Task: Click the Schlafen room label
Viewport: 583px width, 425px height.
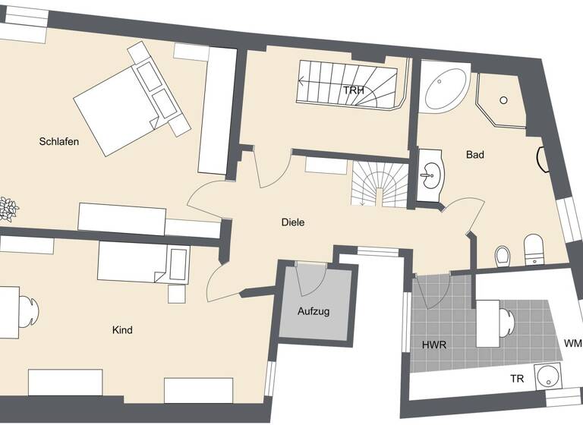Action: (60, 141)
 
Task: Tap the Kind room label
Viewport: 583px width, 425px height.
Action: (122, 330)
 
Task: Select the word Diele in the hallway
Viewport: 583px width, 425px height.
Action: (293, 222)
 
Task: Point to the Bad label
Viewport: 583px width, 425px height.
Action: (475, 155)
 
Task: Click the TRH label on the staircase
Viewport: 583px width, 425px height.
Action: (354, 91)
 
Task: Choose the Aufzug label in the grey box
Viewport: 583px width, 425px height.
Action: (314, 311)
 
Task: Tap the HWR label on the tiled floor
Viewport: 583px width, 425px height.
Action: (434, 345)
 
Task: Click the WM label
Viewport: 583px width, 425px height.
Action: (573, 343)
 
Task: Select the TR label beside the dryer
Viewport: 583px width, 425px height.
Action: (517, 379)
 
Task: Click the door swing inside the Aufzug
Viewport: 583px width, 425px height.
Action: (310, 279)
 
